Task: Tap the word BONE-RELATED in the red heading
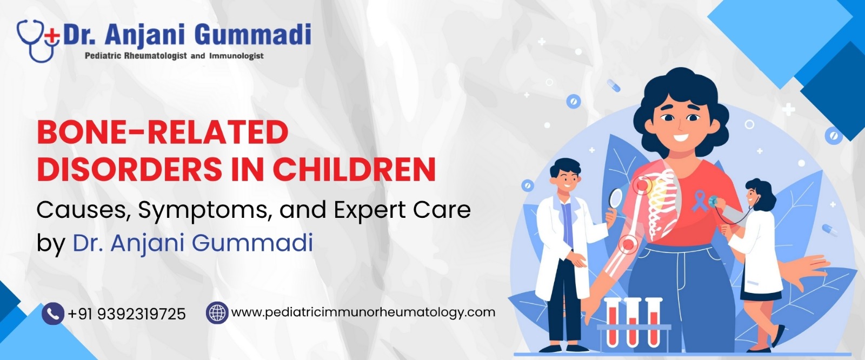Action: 163,133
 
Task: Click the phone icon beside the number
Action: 53,314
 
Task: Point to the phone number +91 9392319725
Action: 127,314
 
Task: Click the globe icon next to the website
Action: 217,312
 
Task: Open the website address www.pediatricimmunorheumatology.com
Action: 363,312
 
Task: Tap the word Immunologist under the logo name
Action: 236,56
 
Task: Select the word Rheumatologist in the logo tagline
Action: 154,56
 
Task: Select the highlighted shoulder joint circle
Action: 642,185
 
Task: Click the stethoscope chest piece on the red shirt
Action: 713,201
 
